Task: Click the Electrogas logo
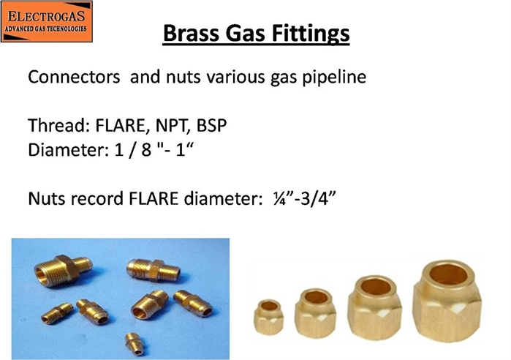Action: [x=47, y=21]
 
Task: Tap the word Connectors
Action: [x=74, y=78]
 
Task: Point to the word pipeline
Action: [x=334, y=78]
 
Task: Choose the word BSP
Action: [x=211, y=126]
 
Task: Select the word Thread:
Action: [x=59, y=126]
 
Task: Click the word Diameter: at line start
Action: [x=69, y=150]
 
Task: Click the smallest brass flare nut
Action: [x=268, y=317]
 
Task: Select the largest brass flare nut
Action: [x=447, y=301]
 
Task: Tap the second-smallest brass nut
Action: [x=315, y=312]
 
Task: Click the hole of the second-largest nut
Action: [x=376, y=287]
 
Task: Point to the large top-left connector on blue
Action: [x=63, y=270]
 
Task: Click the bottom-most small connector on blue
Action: [x=135, y=343]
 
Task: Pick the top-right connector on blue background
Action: [x=154, y=270]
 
